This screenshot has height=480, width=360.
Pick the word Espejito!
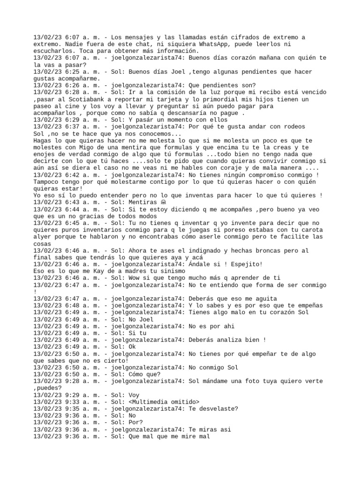[247, 264]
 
